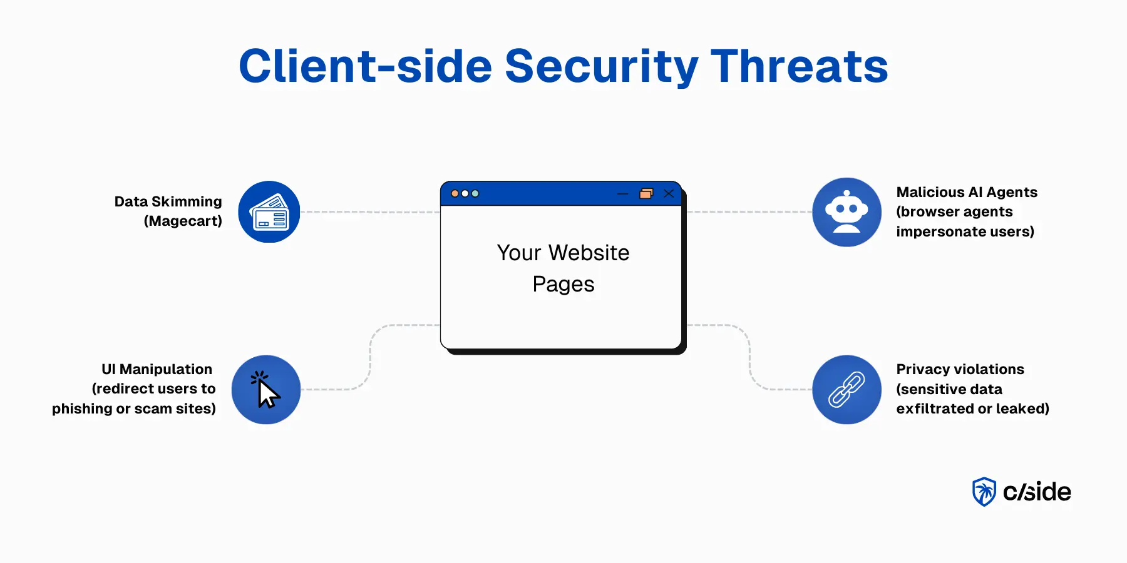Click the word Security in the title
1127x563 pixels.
coord(601,66)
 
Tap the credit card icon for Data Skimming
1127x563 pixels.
coord(269,212)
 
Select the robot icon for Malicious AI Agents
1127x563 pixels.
coord(847,212)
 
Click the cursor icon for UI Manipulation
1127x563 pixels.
coord(266,390)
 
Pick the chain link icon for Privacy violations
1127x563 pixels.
coord(847,390)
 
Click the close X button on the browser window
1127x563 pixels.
coord(669,193)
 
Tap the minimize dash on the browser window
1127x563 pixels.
coord(622,194)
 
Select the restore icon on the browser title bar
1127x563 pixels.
coord(646,193)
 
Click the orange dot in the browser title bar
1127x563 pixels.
coord(455,193)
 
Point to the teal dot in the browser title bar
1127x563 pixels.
coord(475,193)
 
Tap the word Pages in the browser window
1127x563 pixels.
coord(563,284)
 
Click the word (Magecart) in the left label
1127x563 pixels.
coord(183,221)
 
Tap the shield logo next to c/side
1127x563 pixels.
coord(984,492)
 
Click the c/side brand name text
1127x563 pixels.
coord(1037,492)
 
